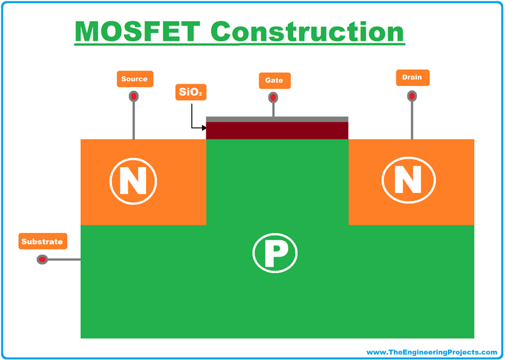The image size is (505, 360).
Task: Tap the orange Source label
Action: point(134,79)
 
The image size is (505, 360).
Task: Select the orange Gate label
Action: point(274,80)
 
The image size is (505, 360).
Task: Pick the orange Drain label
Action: point(412,78)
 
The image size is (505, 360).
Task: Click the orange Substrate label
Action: point(42,242)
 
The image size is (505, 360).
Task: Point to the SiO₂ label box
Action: point(191,92)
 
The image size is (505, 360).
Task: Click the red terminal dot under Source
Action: point(133,97)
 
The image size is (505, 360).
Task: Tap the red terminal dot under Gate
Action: point(273,98)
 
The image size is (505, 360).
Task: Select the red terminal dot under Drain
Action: point(412,95)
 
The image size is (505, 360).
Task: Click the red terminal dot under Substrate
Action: point(42,260)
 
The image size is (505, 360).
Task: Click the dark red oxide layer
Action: point(277,130)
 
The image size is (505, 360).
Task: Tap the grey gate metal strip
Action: point(277,119)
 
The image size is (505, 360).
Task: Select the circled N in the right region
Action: point(408,180)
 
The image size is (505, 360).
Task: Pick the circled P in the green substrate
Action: point(276,252)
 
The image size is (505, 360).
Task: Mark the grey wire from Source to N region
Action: point(133,122)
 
